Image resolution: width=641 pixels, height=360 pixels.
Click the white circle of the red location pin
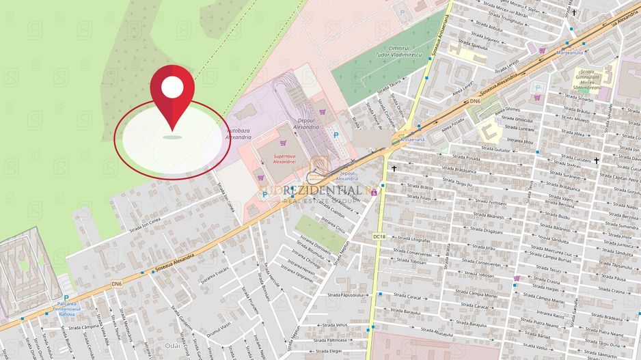[172, 87]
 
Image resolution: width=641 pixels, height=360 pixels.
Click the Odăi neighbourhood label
[172, 346]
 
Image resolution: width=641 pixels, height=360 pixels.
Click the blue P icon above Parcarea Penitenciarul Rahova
[66, 298]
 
